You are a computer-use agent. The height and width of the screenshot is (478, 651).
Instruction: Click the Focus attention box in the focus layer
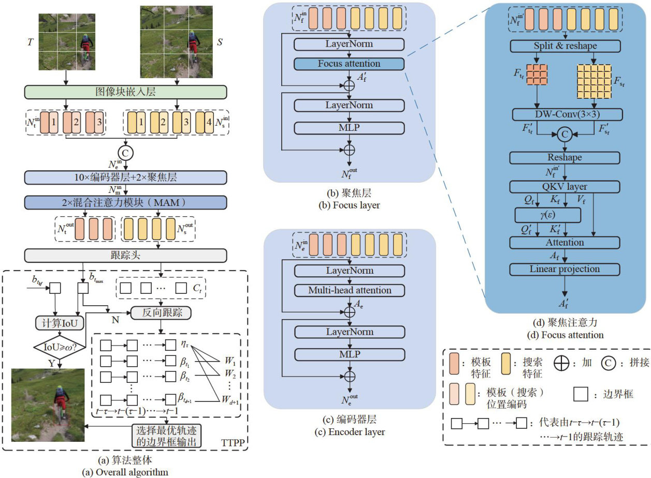tap(349, 64)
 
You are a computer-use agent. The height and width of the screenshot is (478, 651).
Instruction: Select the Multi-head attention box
tap(349, 290)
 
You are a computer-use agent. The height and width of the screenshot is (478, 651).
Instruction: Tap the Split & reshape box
tap(565, 46)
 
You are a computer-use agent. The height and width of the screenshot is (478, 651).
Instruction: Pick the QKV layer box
tap(565, 187)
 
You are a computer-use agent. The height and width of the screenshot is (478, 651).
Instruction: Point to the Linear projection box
tap(565, 269)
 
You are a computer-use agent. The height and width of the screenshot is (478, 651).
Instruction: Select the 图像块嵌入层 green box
tap(126, 92)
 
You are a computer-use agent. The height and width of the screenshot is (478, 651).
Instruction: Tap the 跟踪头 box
tap(126, 255)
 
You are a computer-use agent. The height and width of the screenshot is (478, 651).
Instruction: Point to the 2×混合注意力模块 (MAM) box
tap(126, 201)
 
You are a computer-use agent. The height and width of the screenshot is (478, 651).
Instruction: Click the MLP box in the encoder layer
tap(349, 354)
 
